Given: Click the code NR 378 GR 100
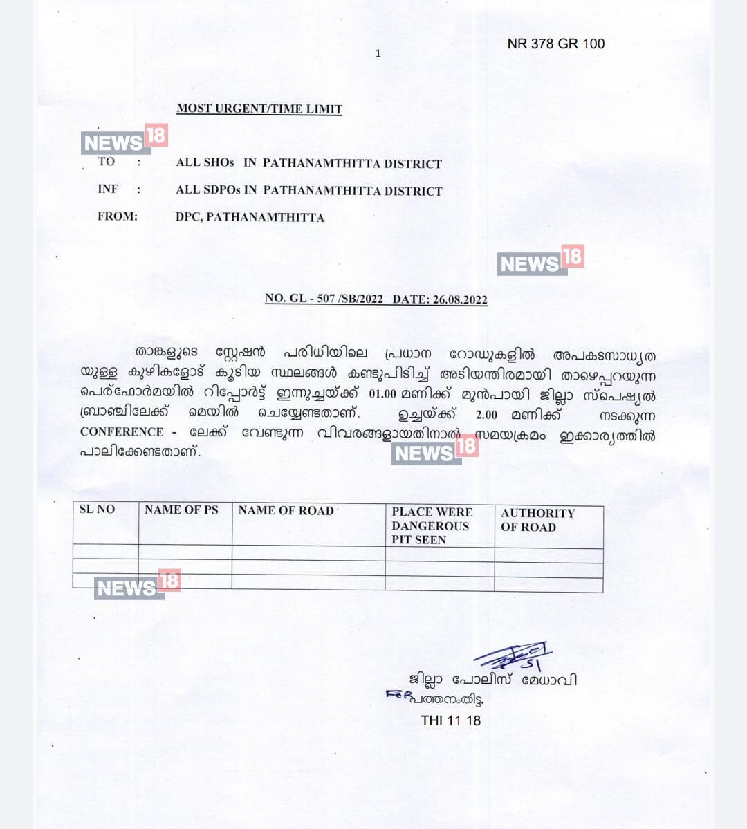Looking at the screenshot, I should pyautogui.click(x=555, y=44).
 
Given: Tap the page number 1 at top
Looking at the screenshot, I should pyautogui.click(x=378, y=53).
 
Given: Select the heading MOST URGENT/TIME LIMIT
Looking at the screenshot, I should pyautogui.click(x=259, y=109).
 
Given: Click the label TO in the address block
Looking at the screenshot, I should pyautogui.click(x=107, y=162).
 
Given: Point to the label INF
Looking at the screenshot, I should pyautogui.click(x=108, y=189).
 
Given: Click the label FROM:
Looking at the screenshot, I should pyautogui.click(x=118, y=216).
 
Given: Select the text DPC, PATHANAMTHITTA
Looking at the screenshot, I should pyautogui.click(x=250, y=217).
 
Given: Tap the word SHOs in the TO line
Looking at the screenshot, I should pyautogui.click(x=219, y=163).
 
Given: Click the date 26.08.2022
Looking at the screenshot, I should pyautogui.click(x=460, y=299).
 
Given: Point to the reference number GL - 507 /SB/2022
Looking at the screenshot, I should pyautogui.click(x=333, y=299).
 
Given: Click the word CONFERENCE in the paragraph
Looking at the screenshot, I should pyautogui.click(x=122, y=432).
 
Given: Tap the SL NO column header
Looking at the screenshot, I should pyautogui.click(x=98, y=510).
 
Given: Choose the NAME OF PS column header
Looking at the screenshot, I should pyautogui.click(x=181, y=510).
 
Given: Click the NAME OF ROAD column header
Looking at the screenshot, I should pyautogui.click(x=286, y=510).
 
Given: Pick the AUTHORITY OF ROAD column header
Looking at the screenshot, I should pyautogui.click(x=537, y=520).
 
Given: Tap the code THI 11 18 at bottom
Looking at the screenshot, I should pyautogui.click(x=450, y=720).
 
